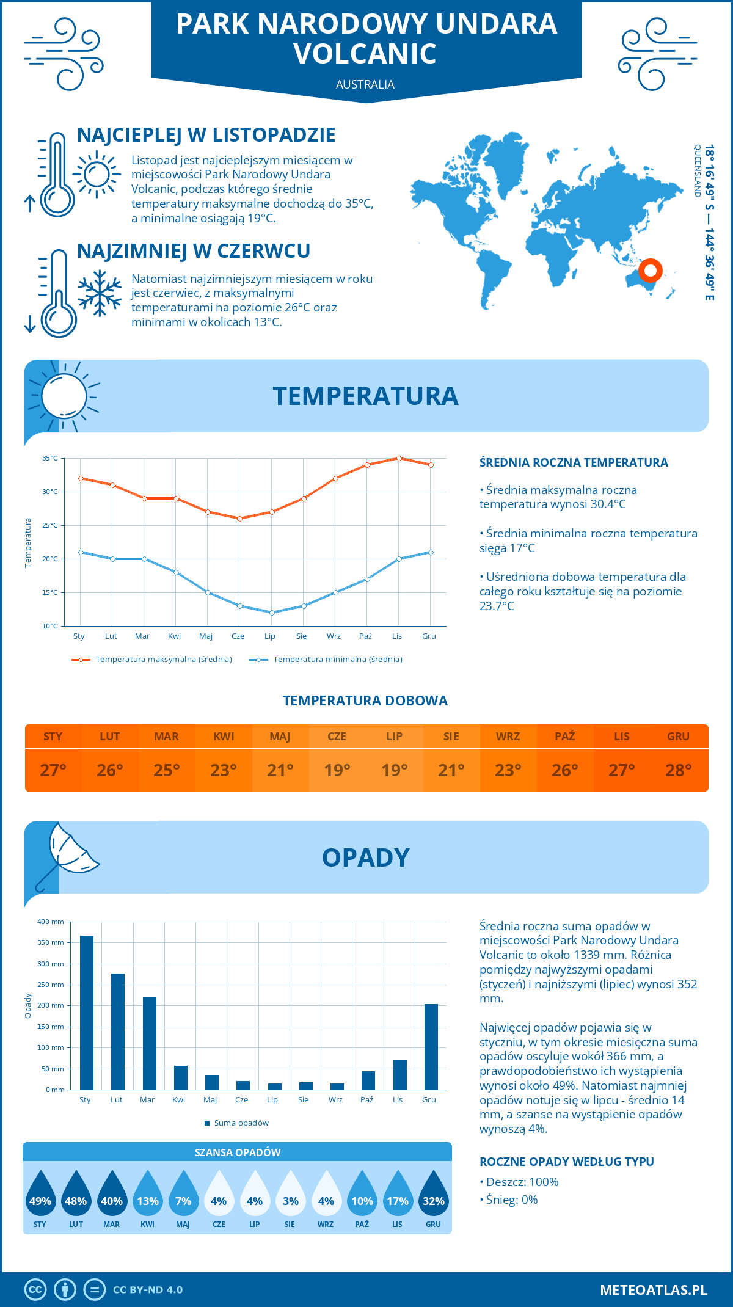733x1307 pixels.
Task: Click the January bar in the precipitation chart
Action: pos(86,1013)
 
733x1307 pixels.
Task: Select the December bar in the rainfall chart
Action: pos(431,1047)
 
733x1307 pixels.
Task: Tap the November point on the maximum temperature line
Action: pos(399,458)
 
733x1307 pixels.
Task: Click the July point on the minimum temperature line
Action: pos(272,613)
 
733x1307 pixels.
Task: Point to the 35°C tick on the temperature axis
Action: pos(50,458)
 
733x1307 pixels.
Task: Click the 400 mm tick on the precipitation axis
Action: pos(51,922)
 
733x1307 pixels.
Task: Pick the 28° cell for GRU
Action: pos(678,770)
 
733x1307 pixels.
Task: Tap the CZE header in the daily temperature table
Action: pos(337,737)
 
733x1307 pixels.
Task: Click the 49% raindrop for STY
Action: pos(40,1196)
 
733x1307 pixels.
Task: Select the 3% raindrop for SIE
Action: pos(290,1196)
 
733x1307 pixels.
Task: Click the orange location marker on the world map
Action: pos(650,270)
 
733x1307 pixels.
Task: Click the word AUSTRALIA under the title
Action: pos(365,84)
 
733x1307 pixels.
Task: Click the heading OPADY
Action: pos(365,857)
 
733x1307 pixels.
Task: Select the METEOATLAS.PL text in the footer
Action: pos(653,1289)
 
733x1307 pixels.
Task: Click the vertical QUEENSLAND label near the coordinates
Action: pos(697,171)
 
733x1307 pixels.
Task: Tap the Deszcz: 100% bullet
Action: pos(519,1182)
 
